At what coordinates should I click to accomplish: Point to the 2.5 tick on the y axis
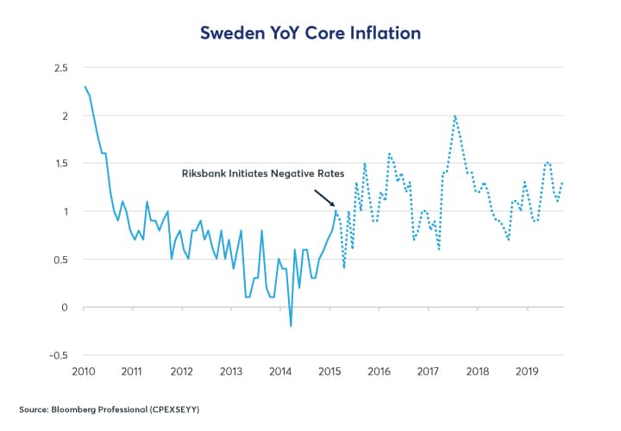[x=60, y=67]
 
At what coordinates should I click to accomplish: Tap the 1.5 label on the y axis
[x=60, y=163]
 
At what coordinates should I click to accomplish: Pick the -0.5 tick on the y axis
[x=58, y=355]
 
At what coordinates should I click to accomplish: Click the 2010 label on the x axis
[x=83, y=372]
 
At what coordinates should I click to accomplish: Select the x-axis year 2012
[x=182, y=372]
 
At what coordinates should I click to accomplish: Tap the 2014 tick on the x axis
[x=281, y=372]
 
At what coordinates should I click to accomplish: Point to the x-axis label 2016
[x=380, y=372]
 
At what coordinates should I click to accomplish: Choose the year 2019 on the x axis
[x=529, y=372]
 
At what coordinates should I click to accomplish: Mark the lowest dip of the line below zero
[x=291, y=326]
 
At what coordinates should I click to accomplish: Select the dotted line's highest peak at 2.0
[x=455, y=116]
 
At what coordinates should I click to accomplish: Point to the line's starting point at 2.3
[x=84, y=86]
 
